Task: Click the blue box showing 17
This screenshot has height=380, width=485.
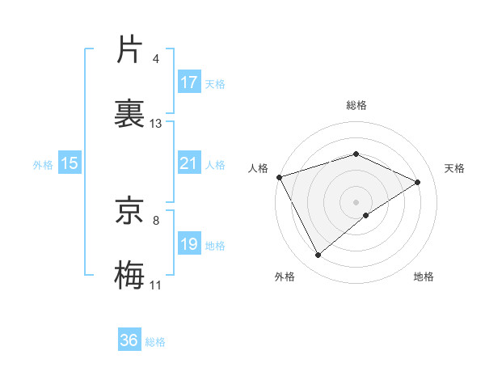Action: [189, 82]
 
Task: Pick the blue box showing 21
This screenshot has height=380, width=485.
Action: [189, 163]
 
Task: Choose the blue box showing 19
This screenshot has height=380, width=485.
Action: [189, 244]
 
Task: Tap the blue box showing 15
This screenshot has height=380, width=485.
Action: [70, 163]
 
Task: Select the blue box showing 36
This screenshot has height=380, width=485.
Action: [129, 340]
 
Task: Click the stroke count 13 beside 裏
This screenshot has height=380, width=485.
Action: [156, 124]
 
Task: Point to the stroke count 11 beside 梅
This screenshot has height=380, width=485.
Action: [156, 285]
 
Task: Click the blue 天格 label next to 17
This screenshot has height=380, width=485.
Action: [215, 83]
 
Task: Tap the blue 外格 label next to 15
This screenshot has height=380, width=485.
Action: [43, 164]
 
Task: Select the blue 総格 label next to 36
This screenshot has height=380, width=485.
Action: [155, 342]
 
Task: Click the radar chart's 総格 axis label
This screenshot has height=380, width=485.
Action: [356, 105]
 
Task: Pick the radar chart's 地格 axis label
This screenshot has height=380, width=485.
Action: [424, 277]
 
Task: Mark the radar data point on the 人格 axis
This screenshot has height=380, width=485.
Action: [279, 177]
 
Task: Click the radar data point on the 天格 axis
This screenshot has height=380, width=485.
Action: [418, 182]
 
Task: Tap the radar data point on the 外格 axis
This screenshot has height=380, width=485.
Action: [318, 255]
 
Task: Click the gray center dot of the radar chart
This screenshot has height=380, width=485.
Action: [356, 201]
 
